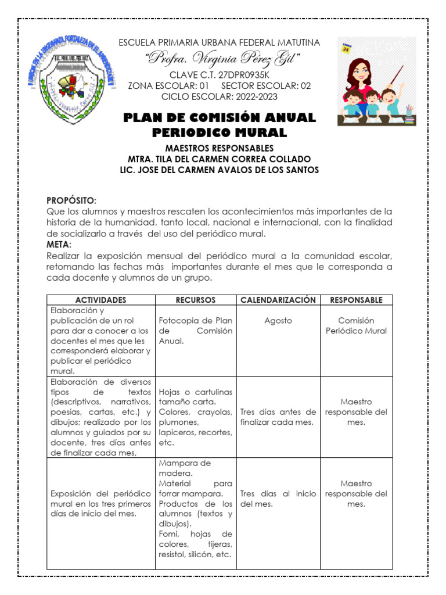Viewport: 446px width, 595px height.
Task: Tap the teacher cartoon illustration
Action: coord(376,81)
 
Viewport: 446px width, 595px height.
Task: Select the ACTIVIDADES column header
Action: coord(100,300)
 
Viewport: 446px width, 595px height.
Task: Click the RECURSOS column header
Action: coord(196,300)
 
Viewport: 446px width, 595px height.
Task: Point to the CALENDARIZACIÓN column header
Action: coord(278,300)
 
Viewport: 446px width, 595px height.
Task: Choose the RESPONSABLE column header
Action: coord(356,300)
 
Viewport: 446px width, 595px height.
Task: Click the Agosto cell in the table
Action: coord(278,321)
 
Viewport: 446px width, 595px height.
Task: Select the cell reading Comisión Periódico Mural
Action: coord(356,326)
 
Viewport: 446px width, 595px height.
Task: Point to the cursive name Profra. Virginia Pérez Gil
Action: coord(223,58)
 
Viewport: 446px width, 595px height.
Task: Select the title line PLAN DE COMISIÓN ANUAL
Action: coord(220,118)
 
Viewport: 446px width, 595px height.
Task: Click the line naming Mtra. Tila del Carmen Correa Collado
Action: coord(219,159)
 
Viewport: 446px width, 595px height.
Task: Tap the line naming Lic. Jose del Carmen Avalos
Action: coord(219,170)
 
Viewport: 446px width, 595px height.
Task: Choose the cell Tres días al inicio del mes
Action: coord(278,499)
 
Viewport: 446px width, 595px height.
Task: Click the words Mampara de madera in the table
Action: coord(185,468)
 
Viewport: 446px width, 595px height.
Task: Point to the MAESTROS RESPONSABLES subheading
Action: coord(219,148)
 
